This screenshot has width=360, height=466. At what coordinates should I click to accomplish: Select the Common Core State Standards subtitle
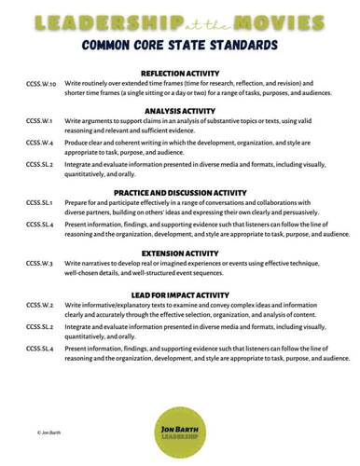pos(179,44)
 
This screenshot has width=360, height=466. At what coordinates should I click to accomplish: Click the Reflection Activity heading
pos(179,73)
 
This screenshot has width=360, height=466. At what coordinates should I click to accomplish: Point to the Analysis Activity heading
pos(179,111)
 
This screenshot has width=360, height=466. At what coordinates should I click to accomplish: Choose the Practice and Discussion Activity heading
pos(179,193)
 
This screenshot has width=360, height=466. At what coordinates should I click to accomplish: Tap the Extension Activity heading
pos(179,253)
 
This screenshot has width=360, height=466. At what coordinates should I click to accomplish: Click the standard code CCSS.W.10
pos(42,83)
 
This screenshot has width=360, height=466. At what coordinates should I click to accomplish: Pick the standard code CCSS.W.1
pos(39,121)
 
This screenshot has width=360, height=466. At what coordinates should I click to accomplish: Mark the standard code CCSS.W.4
pos(39,143)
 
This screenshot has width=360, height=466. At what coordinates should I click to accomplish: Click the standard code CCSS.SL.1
pos(40,202)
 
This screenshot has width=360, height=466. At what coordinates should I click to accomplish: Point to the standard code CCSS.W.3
pos(39,263)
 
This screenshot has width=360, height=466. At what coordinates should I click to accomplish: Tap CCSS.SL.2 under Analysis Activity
pos(40,164)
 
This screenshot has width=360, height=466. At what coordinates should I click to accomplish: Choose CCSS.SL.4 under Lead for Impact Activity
pos(40,348)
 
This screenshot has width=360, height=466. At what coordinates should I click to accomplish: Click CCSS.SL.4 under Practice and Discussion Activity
pos(40,225)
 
